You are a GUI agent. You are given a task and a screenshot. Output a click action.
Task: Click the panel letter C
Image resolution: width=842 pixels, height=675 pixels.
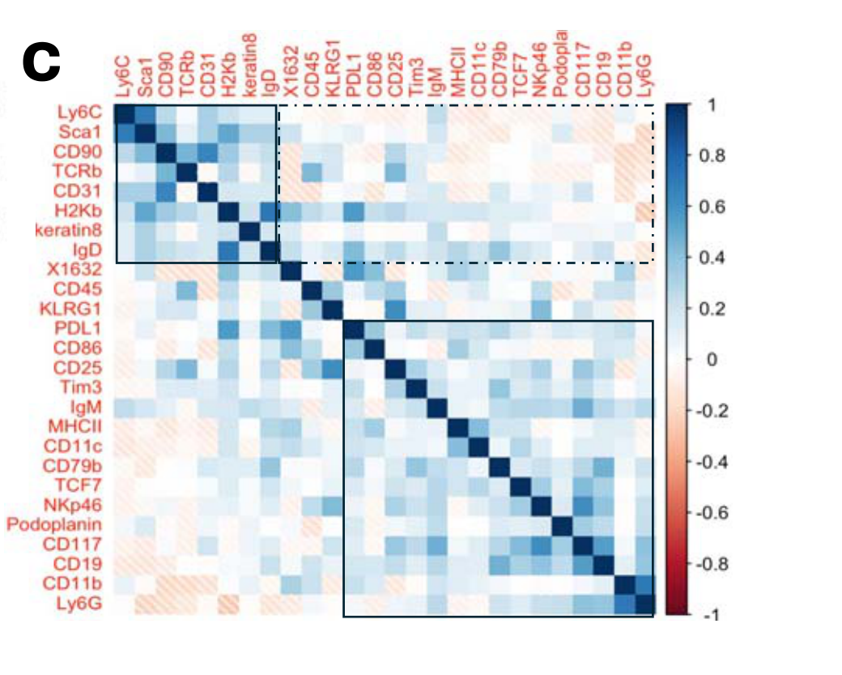pos(42,63)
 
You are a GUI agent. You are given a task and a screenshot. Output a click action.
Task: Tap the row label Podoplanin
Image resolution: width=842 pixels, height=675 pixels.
pos(55,523)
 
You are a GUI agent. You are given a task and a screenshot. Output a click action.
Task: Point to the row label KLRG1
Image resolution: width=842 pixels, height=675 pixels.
pos(79,310)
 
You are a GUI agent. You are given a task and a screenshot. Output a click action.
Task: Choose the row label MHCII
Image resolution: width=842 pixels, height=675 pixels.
pos(79,426)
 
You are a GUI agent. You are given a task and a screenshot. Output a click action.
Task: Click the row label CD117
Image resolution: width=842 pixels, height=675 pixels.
pos(80,543)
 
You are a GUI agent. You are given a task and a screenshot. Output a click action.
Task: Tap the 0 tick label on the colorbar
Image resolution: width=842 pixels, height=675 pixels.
pos(691,360)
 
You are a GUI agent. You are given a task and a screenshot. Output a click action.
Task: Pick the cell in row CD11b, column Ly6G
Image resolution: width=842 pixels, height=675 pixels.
pos(644,583)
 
